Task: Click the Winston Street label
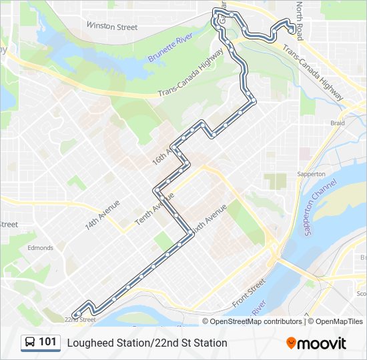click(x=111, y=27)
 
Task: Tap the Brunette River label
click(x=170, y=48)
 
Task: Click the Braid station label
click(x=338, y=123)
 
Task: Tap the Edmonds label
click(x=40, y=248)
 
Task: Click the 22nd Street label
click(x=79, y=319)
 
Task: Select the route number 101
click(x=48, y=342)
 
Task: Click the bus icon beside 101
click(x=30, y=343)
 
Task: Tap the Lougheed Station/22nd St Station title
click(x=147, y=343)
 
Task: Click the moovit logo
click(x=316, y=343)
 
